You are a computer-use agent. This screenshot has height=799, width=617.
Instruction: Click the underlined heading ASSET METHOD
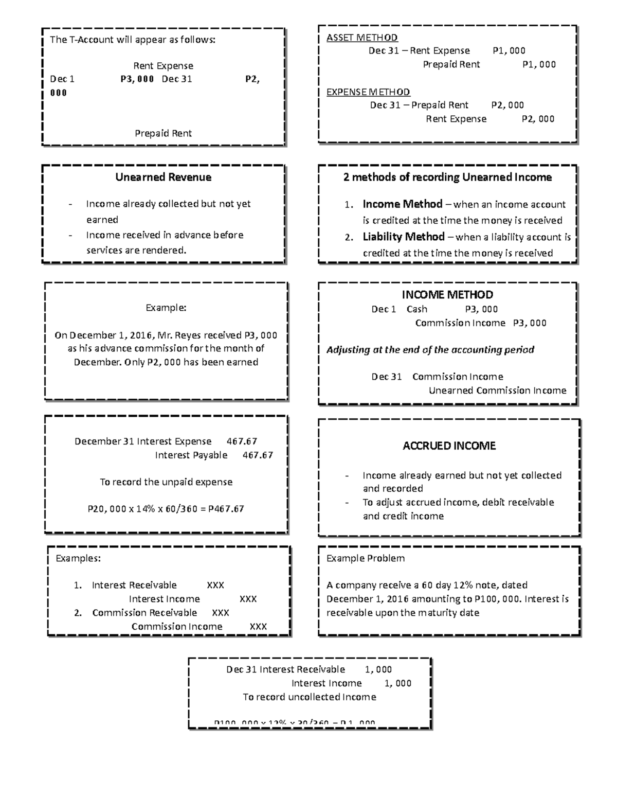coord(362,38)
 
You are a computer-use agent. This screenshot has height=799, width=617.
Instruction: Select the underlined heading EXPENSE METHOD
coord(368,92)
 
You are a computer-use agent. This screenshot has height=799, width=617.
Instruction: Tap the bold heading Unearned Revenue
coord(163,177)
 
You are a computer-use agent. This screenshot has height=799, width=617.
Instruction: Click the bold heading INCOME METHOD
coord(447,295)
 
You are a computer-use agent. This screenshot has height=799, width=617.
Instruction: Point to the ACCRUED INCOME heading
coord(449,446)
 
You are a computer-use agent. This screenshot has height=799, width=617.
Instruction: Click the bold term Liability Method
coord(404,237)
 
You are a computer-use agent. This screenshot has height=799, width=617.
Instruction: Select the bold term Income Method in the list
coord(403,204)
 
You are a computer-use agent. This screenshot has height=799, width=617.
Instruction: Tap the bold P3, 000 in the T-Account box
coord(137,79)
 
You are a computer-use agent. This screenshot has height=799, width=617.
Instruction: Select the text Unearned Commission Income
coord(497,390)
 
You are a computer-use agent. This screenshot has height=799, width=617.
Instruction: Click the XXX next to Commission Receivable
coord(221,613)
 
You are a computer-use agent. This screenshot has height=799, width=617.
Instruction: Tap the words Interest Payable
coord(191,455)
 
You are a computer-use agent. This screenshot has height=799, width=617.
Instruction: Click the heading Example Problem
coord(366,559)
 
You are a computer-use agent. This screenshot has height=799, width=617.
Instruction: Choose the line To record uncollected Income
coord(310,697)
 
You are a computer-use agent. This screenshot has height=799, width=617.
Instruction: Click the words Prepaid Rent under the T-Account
coord(163,133)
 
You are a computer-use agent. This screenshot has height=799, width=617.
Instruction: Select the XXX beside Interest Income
coord(248,599)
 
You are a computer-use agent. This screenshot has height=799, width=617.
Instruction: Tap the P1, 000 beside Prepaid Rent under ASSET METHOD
coord(539,65)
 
